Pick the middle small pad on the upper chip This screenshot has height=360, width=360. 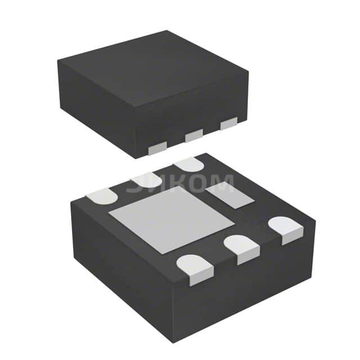[x=194, y=135]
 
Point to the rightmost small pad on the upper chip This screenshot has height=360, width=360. [x=229, y=123]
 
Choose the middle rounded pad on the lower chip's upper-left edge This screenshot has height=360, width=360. [x=145, y=181]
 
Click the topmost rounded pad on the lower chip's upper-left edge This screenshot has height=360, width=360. [x=189, y=164]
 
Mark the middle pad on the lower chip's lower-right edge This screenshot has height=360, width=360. [x=241, y=248]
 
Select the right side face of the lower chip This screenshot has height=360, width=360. [x=247, y=287]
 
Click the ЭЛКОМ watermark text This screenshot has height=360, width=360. [x=180, y=183]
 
